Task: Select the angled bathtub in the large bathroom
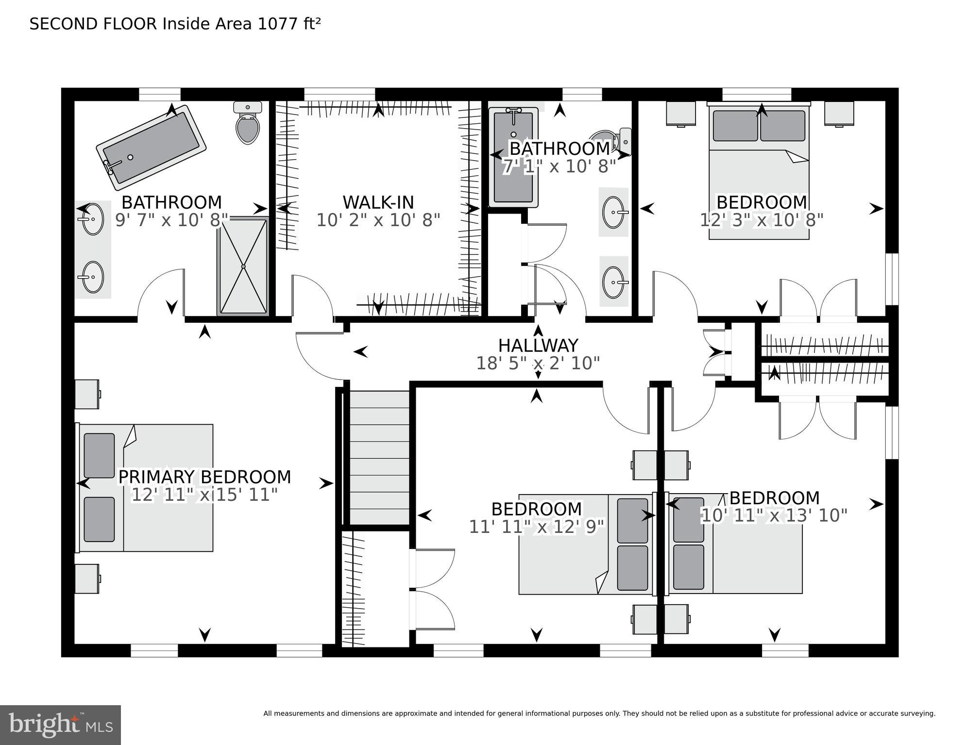click(151, 148)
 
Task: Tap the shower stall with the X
click(243, 266)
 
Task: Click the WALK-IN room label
click(378, 202)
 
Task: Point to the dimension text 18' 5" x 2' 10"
click(538, 363)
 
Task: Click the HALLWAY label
click(538, 346)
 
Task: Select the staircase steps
click(379, 458)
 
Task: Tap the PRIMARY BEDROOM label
click(204, 477)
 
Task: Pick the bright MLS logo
click(60, 725)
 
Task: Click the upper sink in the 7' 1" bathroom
click(614, 212)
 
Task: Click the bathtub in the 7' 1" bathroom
click(513, 157)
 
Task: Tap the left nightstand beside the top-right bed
click(680, 114)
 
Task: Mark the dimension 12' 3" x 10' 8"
click(761, 220)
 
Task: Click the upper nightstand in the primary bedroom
click(87, 394)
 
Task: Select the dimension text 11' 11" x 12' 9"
click(536, 527)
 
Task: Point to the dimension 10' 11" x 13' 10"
click(774, 515)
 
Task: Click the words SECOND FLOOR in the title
click(93, 24)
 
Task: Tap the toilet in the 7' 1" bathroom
click(614, 142)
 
